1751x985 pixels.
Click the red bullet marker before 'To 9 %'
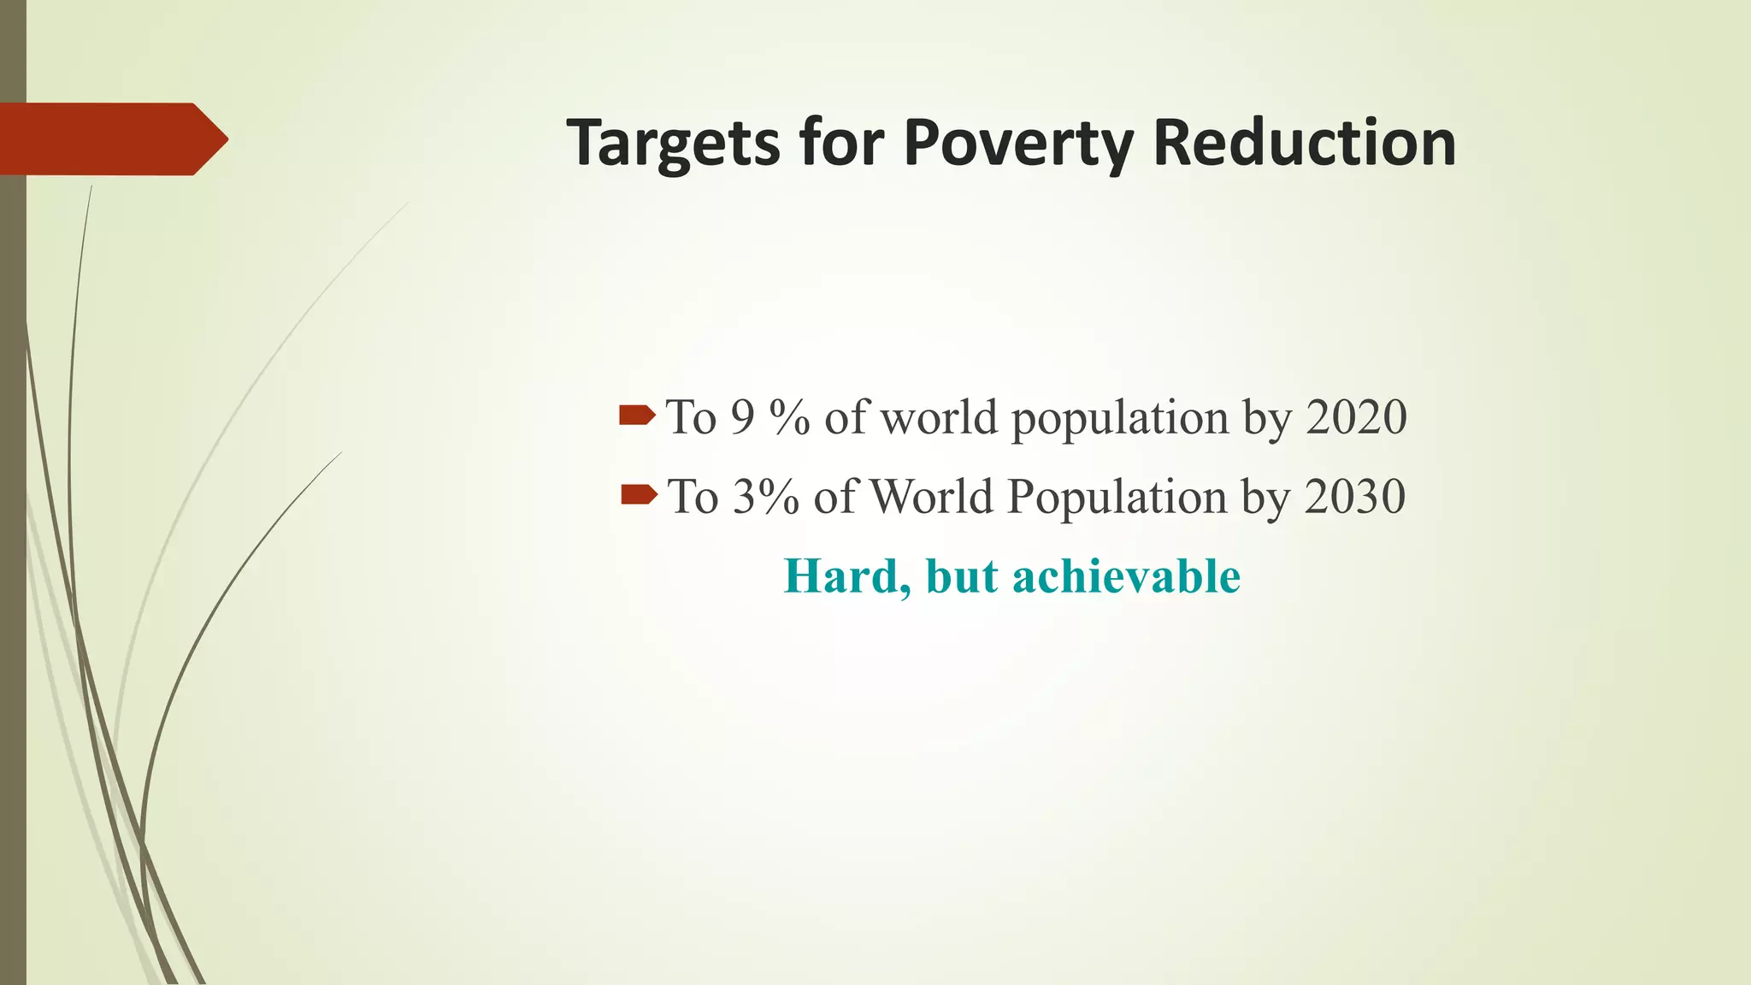coord(637,416)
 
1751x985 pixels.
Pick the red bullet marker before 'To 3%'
coord(638,494)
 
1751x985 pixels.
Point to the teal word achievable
coord(1126,576)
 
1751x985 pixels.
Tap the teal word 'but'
coord(961,576)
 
